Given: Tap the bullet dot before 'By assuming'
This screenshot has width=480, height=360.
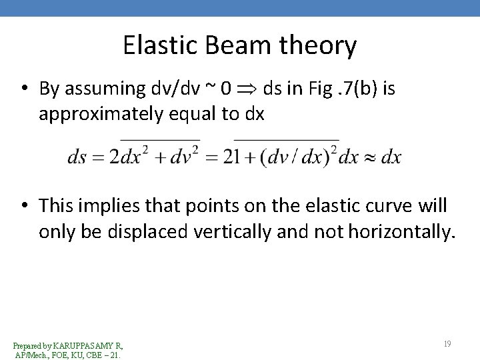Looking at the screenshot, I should pos(23,90).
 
